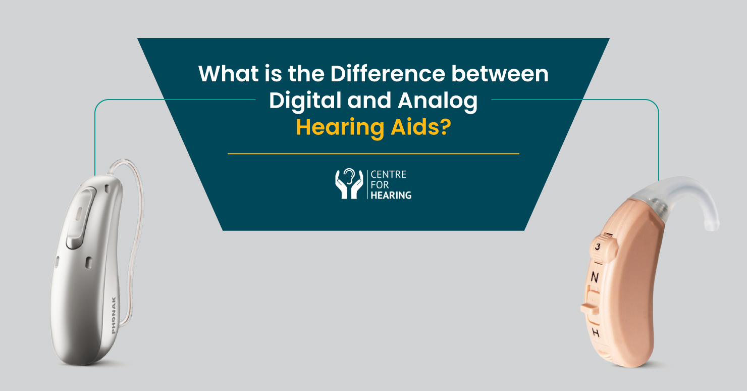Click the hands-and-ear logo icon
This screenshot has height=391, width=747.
[x=349, y=184]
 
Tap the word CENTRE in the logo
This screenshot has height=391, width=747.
[x=388, y=175]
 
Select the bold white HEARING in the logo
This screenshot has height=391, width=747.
[x=391, y=196]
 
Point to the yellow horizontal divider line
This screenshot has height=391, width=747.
[x=373, y=153]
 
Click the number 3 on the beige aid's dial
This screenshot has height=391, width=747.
[x=597, y=247]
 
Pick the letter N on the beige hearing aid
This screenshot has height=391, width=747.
[x=595, y=277]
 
